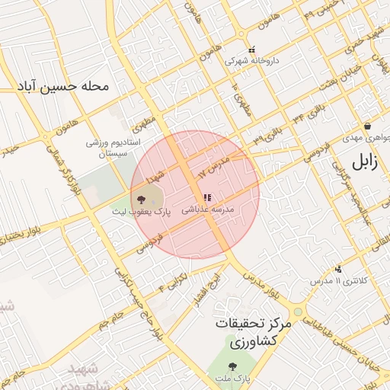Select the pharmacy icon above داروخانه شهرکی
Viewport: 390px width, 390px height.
pyautogui.click(x=252, y=50)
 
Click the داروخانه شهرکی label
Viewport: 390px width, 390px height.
pyautogui.click(x=252, y=60)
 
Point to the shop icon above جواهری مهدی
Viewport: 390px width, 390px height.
pyautogui.click(x=367, y=126)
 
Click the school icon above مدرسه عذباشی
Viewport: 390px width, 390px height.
pyautogui.click(x=207, y=198)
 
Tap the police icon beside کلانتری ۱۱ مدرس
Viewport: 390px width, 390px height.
pyautogui.click(x=338, y=269)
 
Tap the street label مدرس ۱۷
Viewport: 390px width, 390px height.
pyautogui.click(x=213, y=168)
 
